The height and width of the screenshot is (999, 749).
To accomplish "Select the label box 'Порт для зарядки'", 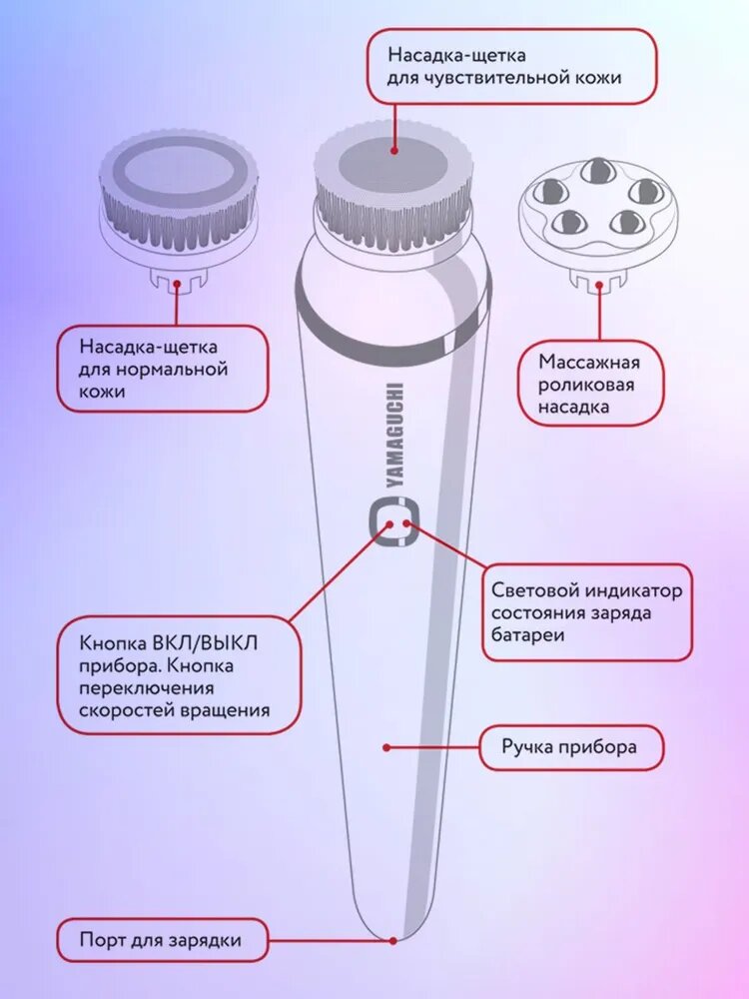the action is (x=162, y=940).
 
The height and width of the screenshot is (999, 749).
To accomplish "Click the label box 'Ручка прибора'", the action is (x=571, y=747).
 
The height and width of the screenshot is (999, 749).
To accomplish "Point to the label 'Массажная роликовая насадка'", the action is (x=588, y=384).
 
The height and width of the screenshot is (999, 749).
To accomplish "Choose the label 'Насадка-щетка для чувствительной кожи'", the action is (x=511, y=65).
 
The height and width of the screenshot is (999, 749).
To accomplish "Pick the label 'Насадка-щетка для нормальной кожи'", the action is (x=162, y=369).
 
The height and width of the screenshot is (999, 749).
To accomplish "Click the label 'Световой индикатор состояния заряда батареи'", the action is (x=586, y=612).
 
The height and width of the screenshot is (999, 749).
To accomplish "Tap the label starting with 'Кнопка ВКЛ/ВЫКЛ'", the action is (x=176, y=676).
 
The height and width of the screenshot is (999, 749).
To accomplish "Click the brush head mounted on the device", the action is (x=392, y=185).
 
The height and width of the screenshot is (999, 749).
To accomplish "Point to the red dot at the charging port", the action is (x=393, y=940).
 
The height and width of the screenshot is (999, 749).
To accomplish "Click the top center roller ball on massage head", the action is (x=597, y=170).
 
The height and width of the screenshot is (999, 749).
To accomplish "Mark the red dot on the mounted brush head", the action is (x=394, y=151).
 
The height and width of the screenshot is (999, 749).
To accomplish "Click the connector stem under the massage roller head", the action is (x=596, y=279).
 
